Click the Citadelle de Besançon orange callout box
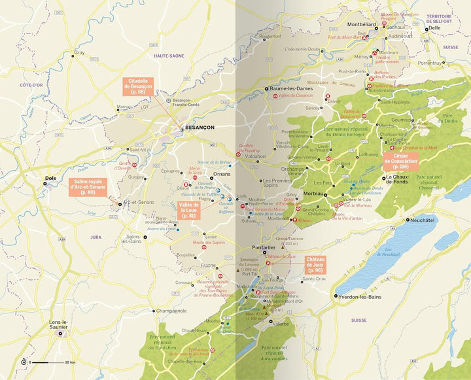pos(142,86)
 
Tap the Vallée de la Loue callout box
pos(188,209)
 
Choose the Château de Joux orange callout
pos(315,265)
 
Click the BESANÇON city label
pos(200,128)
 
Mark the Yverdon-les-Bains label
pos(362,296)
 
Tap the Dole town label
pos(50,177)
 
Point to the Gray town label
pos(80,52)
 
